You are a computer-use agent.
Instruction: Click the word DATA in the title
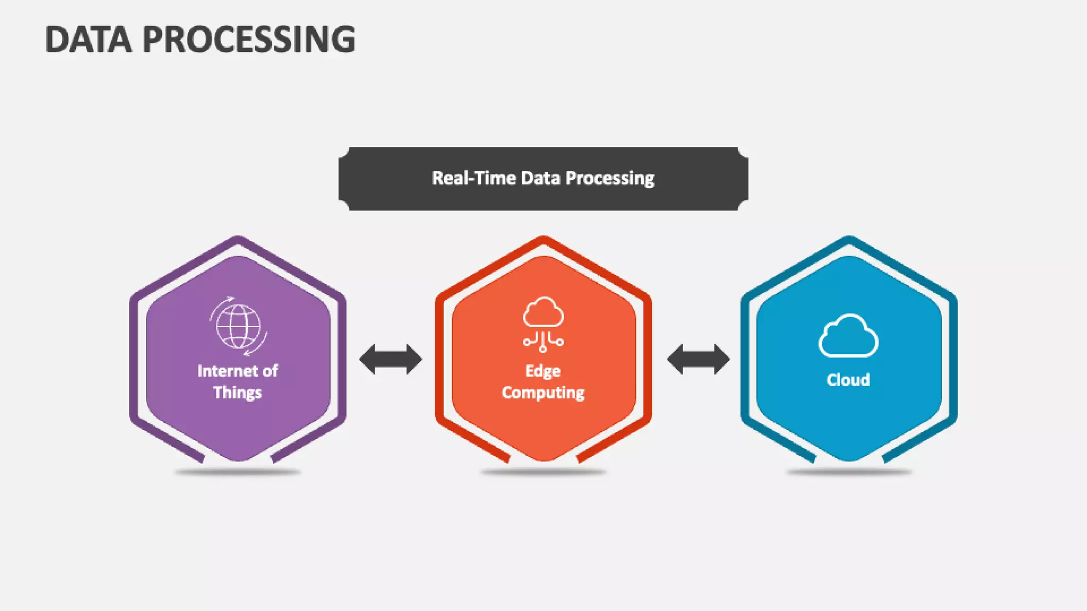pyautogui.click(x=88, y=40)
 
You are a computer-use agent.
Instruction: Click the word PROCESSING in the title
pyautogui.click(x=249, y=40)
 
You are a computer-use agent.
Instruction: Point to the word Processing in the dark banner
pyautogui.click(x=610, y=179)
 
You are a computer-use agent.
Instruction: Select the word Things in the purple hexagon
pyautogui.click(x=237, y=393)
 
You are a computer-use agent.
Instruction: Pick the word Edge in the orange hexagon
pyautogui.click(x=542, y=371)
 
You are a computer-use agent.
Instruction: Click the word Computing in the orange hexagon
pyautogui.click(x=543, y=393)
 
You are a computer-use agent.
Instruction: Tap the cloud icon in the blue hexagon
pyautogui.click(x=848, y=336)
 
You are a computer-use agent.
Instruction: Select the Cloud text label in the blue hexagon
pyautogui.click(x=848, y=380)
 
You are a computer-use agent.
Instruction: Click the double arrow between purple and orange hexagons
pyautogui.click(x=391, y=359)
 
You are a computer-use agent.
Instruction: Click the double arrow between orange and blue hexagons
pyautogui.click(x=698, y=359)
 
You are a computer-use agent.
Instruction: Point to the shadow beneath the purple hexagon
pyautogui.click(x=238, y=472)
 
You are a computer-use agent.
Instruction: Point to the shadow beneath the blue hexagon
pyautogui.click(x=849, y=472)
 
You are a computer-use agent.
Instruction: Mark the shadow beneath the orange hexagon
pyautogui.click(x=543, y=472)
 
